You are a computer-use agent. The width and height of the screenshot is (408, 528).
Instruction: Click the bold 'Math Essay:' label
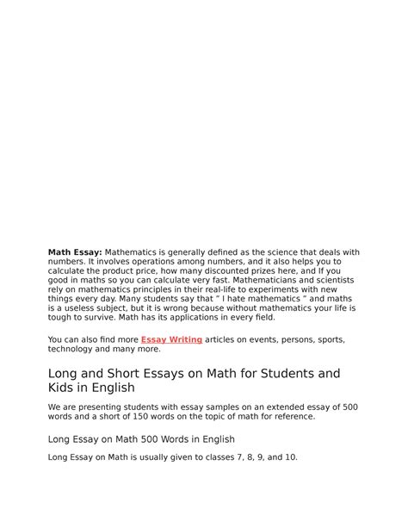74,252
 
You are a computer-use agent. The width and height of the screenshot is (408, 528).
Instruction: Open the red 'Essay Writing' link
171,340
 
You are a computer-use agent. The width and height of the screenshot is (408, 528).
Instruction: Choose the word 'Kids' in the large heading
64,388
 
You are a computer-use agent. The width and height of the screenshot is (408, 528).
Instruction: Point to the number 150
139,416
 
